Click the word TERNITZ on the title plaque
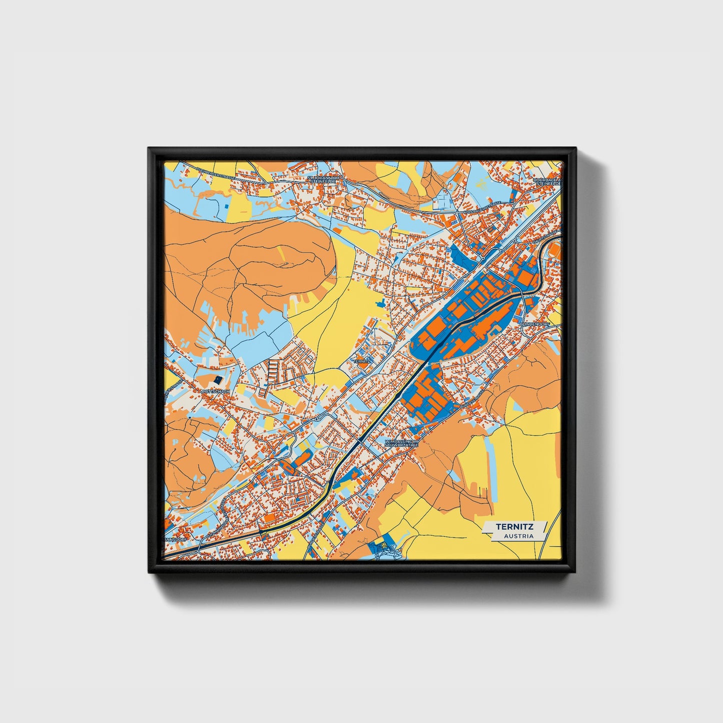pyautogui.click(x=514, y=526)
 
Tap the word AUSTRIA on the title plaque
pyautogui.click(x=518, y=536)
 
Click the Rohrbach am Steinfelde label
pyautogui.click(x=547, y=181)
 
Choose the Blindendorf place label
pyautogui.click(x=534, y=324)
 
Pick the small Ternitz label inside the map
pyautogui.click(x=362, y=361)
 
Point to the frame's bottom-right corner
pyautogui.click(x=575, y=572)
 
